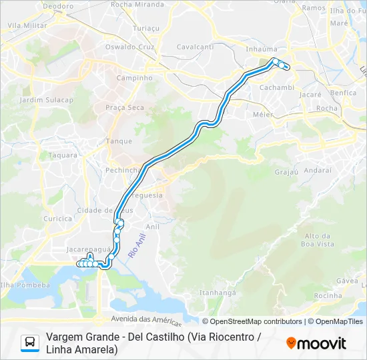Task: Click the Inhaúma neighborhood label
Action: point(262,49)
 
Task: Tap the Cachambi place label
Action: point(276,87)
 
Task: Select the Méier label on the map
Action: point(263,114)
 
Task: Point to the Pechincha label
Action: point(123,170)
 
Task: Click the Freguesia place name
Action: point(147,195)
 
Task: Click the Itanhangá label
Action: point(218,292)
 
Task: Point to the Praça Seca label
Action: point(125,107)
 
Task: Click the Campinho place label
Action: point(134,77)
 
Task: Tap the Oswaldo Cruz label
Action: point(129,47)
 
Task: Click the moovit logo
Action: point(316,343)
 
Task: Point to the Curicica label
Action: point(57,218)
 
